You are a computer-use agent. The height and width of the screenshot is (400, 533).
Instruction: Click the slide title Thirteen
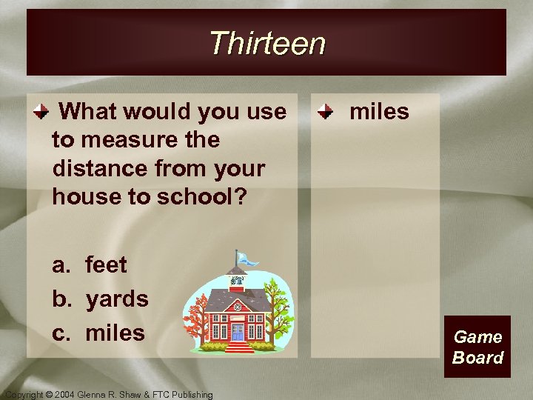pos(266,43)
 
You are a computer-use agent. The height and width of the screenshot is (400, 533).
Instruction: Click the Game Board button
pos(477,347)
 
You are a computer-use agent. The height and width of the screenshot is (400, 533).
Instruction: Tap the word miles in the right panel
pos(379,112)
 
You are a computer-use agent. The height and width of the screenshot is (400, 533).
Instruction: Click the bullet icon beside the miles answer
pos(324,113)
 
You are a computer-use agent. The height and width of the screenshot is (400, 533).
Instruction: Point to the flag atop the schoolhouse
pos(247,259)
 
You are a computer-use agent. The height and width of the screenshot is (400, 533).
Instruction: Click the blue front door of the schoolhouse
pos(237,331)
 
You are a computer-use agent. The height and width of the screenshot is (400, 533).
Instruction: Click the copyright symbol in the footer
pos(51,395)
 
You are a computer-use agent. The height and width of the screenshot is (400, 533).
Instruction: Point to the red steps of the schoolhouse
pos(236,346)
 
